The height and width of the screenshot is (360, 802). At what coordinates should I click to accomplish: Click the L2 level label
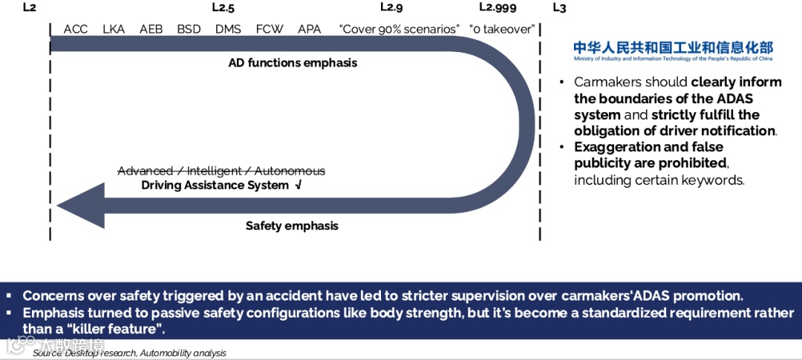29,7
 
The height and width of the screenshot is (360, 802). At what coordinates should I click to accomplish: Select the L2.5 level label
223,7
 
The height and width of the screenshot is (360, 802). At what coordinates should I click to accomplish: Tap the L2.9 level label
391,7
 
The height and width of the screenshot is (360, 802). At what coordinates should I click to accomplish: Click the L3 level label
559,7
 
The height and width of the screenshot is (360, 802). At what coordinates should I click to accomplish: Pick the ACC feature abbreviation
76,29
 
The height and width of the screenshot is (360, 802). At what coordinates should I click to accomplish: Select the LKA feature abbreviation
114,29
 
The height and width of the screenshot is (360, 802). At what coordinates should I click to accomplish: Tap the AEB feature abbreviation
151,29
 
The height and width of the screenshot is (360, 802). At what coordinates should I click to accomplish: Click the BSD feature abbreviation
189,29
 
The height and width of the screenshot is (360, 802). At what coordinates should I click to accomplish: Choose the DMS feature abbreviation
228,29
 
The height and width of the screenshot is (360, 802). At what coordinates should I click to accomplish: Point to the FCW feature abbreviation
268,29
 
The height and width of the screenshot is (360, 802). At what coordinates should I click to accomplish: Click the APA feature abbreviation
309,29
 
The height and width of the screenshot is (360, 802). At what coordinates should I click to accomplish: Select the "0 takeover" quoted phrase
502,29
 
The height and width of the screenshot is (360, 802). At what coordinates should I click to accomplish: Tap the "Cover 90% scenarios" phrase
400,29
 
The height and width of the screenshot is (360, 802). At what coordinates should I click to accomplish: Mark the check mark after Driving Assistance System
299,185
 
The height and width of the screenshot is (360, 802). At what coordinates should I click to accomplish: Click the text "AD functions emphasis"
293,63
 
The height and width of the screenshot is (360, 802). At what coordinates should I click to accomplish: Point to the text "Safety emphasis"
292,226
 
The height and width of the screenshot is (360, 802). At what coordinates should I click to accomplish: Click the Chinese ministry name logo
673,48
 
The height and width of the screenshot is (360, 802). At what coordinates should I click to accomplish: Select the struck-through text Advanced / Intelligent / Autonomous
221,171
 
